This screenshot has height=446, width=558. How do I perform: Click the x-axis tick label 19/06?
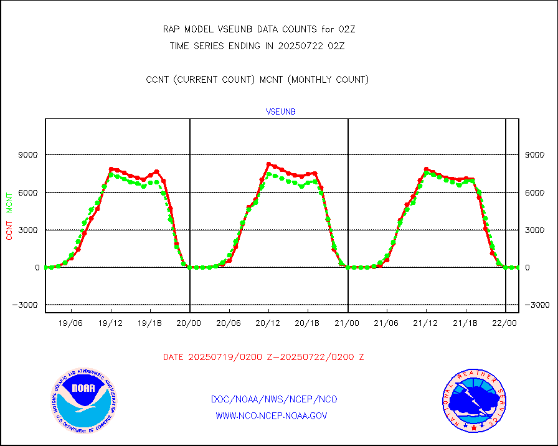coord(71,324)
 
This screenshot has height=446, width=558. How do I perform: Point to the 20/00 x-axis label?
coord(189,324)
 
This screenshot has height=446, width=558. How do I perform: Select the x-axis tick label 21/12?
coord(426,324)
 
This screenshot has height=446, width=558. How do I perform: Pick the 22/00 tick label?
coord(504,324)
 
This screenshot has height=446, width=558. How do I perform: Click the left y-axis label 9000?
coord(29,155)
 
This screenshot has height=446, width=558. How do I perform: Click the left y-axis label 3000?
coord(29,230)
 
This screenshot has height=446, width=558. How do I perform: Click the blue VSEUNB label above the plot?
coord(281,111)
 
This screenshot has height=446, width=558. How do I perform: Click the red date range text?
coord(263,358)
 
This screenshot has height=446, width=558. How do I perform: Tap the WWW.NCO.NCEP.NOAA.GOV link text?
coord(272,415)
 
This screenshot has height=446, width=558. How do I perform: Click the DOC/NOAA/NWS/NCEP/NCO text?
coord(274,399)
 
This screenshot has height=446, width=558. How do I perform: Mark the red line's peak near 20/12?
coord(268,164)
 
